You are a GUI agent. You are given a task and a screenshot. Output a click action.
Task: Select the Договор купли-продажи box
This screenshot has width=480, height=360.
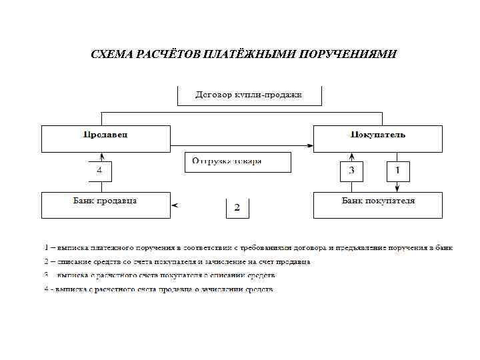tap(249, 95)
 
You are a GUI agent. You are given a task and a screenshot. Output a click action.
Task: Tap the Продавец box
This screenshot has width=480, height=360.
tap(106, 138)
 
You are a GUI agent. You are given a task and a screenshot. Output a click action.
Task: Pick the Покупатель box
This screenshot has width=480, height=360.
tap(377, 138)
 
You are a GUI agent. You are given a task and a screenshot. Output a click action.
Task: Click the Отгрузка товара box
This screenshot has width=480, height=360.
tap(238, 162)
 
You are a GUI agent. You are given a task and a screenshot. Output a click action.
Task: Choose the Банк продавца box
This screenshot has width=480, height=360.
tap(106, 205)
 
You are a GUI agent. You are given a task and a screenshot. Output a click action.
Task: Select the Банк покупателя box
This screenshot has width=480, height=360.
tap(377, 205)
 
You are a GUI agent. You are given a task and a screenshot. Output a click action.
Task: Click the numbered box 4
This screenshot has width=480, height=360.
tap(99, 171)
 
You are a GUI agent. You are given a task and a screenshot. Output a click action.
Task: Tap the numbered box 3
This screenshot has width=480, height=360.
tap(351, 171)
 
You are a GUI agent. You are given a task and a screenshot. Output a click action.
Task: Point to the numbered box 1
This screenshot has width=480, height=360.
tap(397, 171)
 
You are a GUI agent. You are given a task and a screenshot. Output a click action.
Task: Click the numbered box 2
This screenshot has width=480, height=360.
tap(237, 208)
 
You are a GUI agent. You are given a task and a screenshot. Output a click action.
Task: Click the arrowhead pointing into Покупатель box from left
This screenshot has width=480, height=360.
tap(310, 146)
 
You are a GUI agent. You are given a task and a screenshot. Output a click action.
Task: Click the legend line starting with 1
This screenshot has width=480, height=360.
tap(247, 248)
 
